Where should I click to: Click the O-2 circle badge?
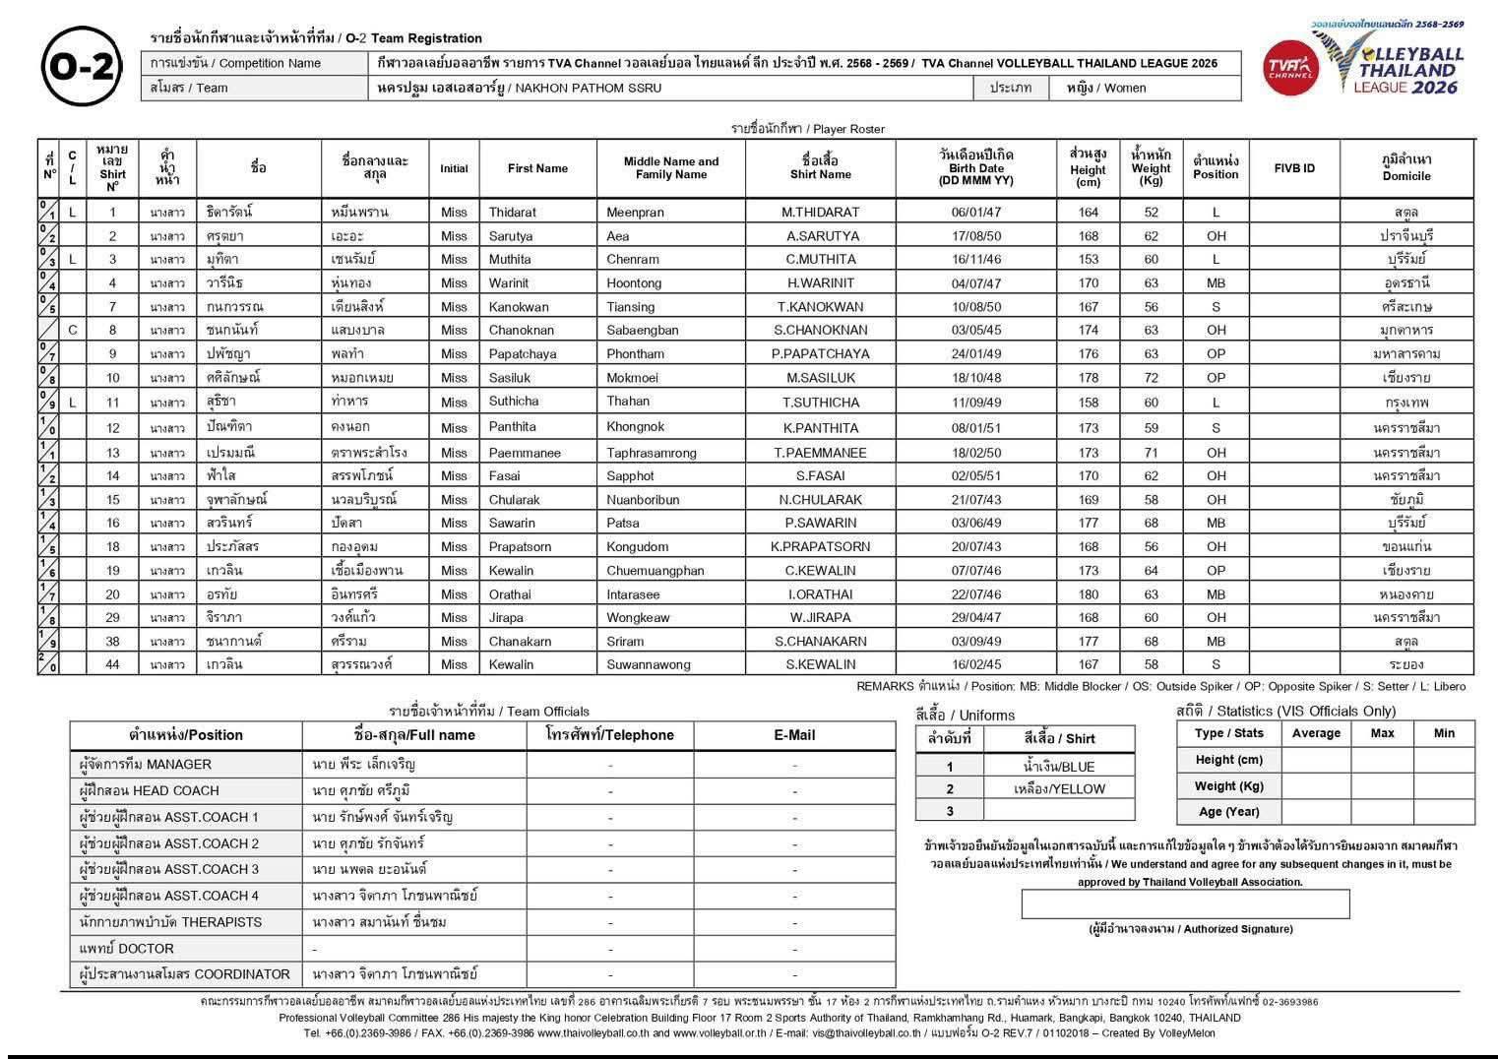83,67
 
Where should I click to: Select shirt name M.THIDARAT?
820,212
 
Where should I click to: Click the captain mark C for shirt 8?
73,330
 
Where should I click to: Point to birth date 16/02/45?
975,664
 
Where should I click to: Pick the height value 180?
1088,593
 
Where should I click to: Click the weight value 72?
1151,377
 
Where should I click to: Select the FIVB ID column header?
1293,168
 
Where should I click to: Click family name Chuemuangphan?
655,570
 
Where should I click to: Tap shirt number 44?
112,664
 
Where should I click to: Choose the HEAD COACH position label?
149,790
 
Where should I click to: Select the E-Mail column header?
793,735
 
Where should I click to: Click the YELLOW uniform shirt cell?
1059,788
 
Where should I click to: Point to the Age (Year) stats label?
1228,812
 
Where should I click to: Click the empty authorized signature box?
1184,903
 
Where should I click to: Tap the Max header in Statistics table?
1382,733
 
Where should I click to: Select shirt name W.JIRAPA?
820,617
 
